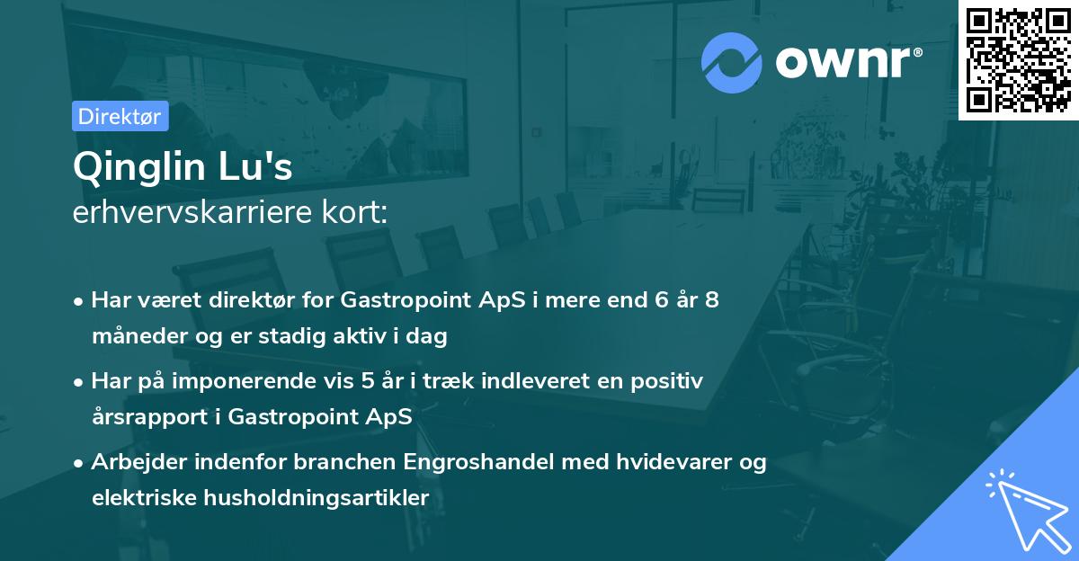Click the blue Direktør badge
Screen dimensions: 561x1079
pos(120,116)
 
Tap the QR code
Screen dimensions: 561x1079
pos(1019,59)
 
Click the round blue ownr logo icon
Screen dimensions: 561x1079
pos(732,63)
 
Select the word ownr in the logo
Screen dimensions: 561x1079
pos(846,63)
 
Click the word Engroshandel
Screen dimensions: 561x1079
pos(481,462)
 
